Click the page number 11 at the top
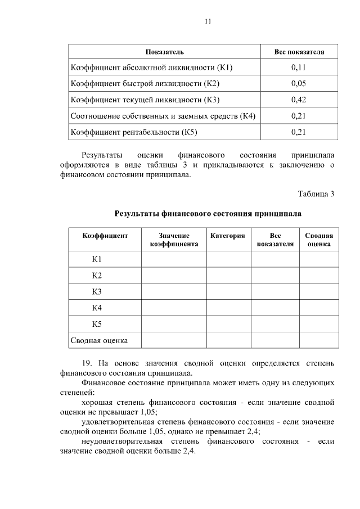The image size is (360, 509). (x=208, y=21)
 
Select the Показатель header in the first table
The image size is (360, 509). (x=164, y=52)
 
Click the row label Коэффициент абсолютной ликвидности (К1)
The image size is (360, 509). (x=151, y=67)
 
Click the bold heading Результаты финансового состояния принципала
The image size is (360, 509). (x=208, y=214)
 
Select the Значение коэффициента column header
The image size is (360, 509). (x=173, y=240)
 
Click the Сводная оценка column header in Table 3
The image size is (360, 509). (x=318, y=240)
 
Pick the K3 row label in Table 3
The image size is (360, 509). (x=97, y=291)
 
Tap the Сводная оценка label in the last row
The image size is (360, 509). (x=99, y=340)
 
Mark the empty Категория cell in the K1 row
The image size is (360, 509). (x=228, y=259)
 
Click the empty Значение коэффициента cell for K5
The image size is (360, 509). (x=173, y=324)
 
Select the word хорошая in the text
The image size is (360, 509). (x=97, y=402)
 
